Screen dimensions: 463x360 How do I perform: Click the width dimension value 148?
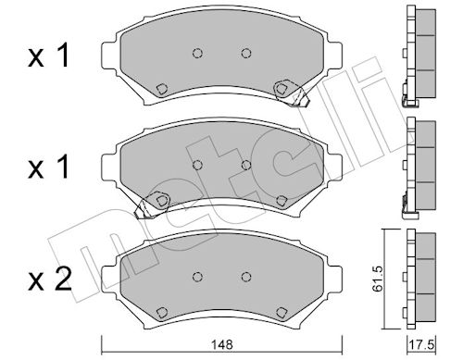[222, 344]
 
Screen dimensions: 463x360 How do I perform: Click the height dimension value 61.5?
[378, 279]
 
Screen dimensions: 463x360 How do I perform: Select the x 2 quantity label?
[49, 279]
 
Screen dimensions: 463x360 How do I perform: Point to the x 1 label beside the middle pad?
[48, 167]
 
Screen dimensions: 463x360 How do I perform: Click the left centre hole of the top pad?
[197, 54]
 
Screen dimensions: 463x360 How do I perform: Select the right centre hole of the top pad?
[246, 54]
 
